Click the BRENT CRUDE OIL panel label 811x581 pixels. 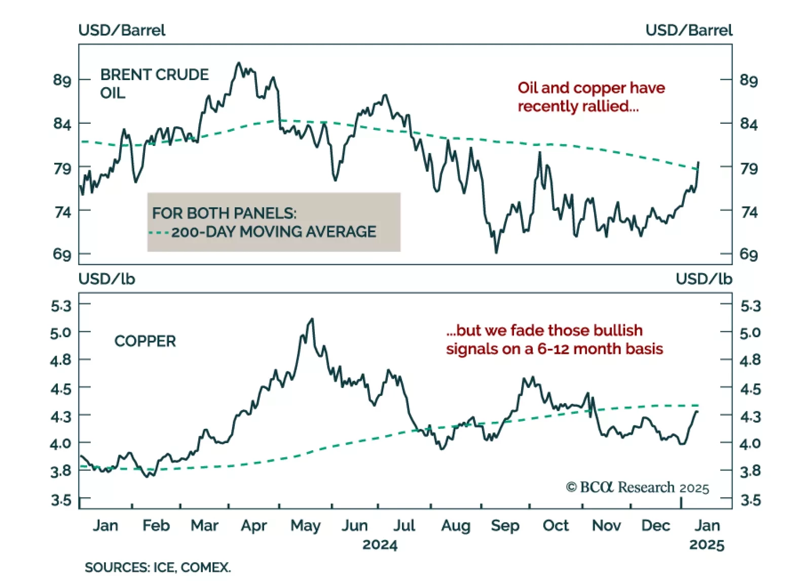[x=154, y=84]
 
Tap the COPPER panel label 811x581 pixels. [x=145, y=341]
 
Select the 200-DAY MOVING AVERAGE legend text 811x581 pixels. [x=274, y=232]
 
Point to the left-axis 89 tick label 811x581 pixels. [x=62, y=80]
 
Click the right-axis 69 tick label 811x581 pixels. [x=749, y=254]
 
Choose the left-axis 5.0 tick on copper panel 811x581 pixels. [x=61, y=333]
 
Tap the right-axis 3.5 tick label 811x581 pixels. [x=750, y=500]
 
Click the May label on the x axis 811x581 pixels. [x=305, y=526]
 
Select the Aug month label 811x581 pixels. [x=455, y=526]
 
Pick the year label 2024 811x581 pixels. [x=380, y=545]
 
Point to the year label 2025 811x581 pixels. [x=707, y=545]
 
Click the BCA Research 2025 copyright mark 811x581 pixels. [x=637, y=488]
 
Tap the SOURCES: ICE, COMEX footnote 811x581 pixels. [x=157, y=567]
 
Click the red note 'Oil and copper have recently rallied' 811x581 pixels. [x=591, y=97]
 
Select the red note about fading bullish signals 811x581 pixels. [x=554, y=340]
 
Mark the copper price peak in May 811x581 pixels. [x=312, y=319]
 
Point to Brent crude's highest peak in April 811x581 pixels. [x=238, y=63]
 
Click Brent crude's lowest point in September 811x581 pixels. [x=496, y=252]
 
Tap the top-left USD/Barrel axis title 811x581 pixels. [x=122, y=30]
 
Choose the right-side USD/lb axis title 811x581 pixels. [x=704, y=279]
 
